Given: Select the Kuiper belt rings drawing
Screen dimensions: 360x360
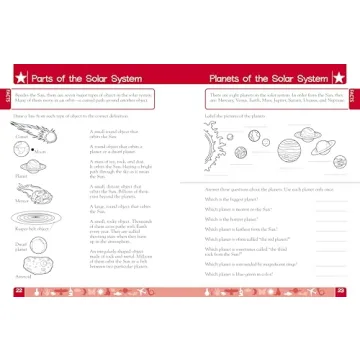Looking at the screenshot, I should point(32,228).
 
